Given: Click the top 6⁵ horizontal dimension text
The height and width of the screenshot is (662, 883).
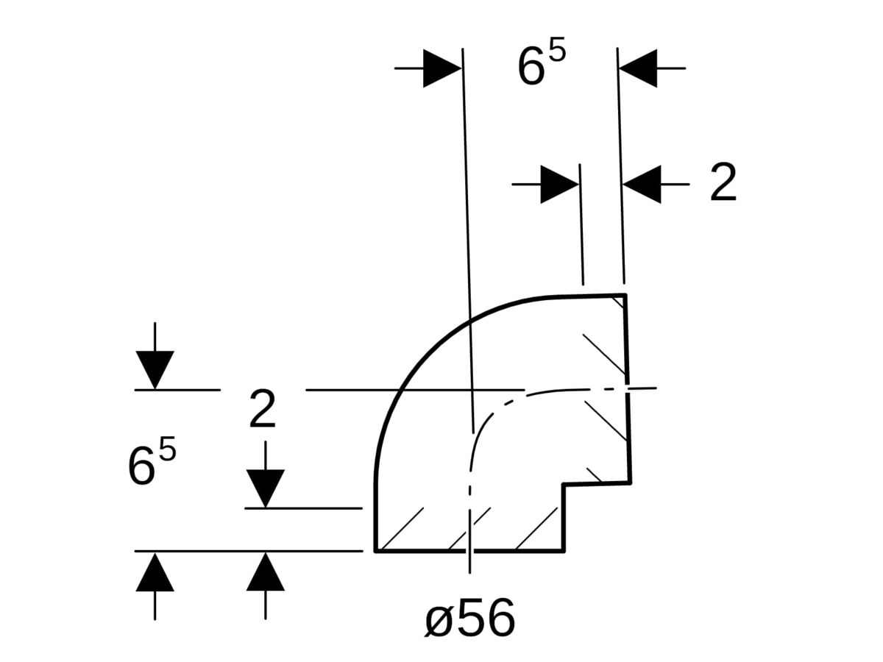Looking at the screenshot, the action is coord(541,66).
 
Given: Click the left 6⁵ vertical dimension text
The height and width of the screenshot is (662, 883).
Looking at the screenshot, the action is coord(152,464).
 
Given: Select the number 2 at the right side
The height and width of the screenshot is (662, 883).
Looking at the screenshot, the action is coord(723,183).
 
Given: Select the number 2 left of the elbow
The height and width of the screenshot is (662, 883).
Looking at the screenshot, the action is coord(263,410).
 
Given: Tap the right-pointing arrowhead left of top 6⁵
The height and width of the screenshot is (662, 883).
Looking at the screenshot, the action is coord(441,68).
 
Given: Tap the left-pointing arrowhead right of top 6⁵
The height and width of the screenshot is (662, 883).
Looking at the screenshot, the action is coord(637,68).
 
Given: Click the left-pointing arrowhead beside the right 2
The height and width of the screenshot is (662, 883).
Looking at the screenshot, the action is coord(642,184).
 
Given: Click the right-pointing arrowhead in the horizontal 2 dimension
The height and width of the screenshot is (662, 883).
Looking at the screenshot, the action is coord(559,184).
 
